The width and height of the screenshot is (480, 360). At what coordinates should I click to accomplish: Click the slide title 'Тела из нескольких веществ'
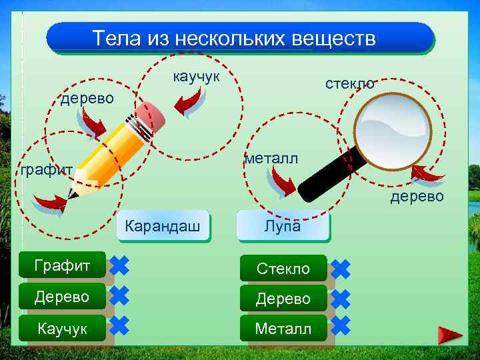(x=234, y=38)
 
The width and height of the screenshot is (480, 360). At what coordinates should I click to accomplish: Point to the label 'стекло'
(x=350, y=83)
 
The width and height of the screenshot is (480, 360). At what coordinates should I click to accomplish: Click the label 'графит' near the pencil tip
(x=46, y=170)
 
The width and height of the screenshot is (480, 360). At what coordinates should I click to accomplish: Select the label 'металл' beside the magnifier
(x=271, y=159)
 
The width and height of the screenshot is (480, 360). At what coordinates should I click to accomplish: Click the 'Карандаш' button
(x=163, y=227)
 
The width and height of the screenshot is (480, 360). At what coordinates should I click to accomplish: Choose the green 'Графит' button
(x=62, y=266)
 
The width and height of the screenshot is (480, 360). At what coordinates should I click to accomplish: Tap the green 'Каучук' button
(x=62, y=329)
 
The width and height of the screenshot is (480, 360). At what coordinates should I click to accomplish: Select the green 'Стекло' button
(x=283, y=269)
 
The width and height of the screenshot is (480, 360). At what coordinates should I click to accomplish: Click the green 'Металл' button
(x=283, y=329)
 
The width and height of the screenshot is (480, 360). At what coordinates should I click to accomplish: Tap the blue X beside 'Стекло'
(x=340, y=269)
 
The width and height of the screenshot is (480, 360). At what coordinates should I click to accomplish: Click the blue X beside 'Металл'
(x=340, y=325)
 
